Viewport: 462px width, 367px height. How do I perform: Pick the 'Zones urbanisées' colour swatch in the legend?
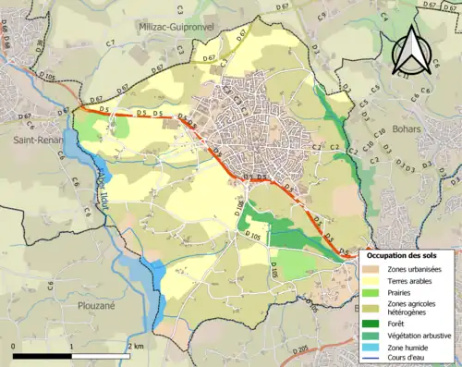click(372, 267)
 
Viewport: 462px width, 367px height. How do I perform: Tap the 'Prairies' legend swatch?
click(372, 292)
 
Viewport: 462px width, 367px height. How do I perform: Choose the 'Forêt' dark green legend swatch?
click(372, 324)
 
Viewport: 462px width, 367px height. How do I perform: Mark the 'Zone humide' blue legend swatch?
click(372, 348)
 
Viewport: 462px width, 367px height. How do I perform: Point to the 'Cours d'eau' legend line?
click(372, 360)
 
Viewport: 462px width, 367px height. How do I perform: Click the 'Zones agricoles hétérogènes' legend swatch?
click(372, 308)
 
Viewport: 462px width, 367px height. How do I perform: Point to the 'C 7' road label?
click(110, 43)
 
